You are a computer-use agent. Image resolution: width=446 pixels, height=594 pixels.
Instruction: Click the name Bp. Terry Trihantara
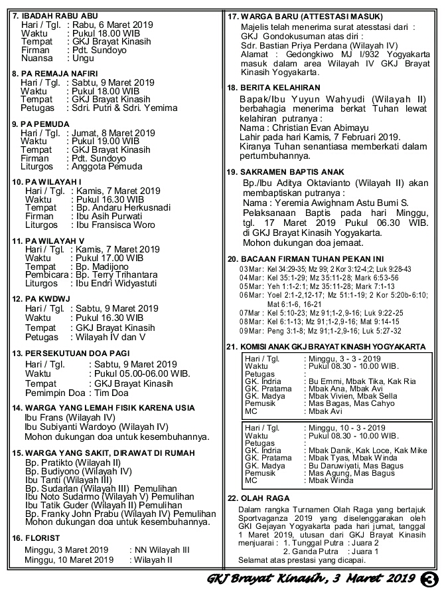point(118,275)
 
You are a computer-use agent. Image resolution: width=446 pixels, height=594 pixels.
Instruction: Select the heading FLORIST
point(40,538)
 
